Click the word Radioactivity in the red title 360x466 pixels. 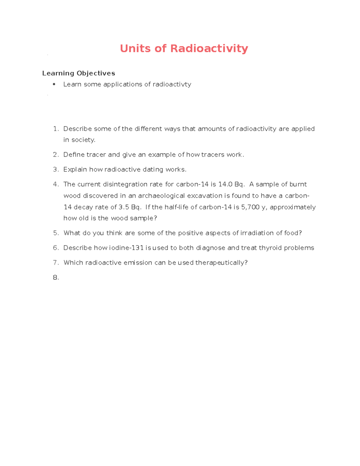pos(209,48)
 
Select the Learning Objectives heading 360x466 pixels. pos(79,73)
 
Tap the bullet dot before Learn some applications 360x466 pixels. pos(54,84)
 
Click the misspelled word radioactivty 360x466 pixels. pos(172,84)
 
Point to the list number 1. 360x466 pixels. pos(55,129)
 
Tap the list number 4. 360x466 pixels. pos(55,185)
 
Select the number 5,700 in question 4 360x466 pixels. pos(250,207)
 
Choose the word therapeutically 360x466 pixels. pos(221,263)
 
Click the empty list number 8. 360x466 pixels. pos(55,278)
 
